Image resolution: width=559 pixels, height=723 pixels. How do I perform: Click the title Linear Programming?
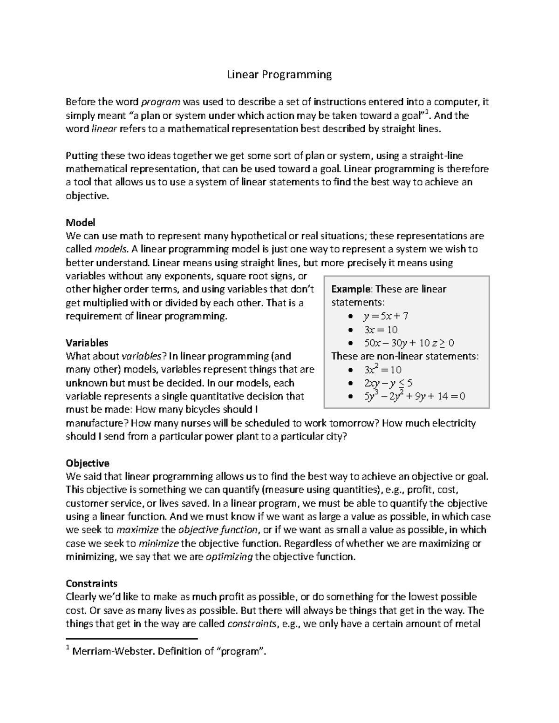pos(279,74)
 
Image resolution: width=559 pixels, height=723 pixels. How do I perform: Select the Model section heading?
pos(80,223)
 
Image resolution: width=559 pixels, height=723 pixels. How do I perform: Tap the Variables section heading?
pos(87,343)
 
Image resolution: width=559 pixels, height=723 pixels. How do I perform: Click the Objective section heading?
pos(88,463)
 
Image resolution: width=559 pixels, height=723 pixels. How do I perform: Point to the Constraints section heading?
pos(91,583)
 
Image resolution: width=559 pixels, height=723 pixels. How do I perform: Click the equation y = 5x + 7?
pos(385,316)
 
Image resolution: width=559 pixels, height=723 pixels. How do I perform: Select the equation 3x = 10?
pos(380,330)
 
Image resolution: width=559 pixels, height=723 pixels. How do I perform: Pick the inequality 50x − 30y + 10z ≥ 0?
pos(409,343)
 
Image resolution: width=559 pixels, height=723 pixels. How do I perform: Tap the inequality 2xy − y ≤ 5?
pos(388,383)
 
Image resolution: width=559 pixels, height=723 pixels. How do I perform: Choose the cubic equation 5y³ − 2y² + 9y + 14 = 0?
pos(414,397)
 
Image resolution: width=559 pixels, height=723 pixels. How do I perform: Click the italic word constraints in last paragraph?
pos(251,624)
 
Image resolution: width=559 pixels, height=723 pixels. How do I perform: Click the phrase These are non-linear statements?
pos(405,357)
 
